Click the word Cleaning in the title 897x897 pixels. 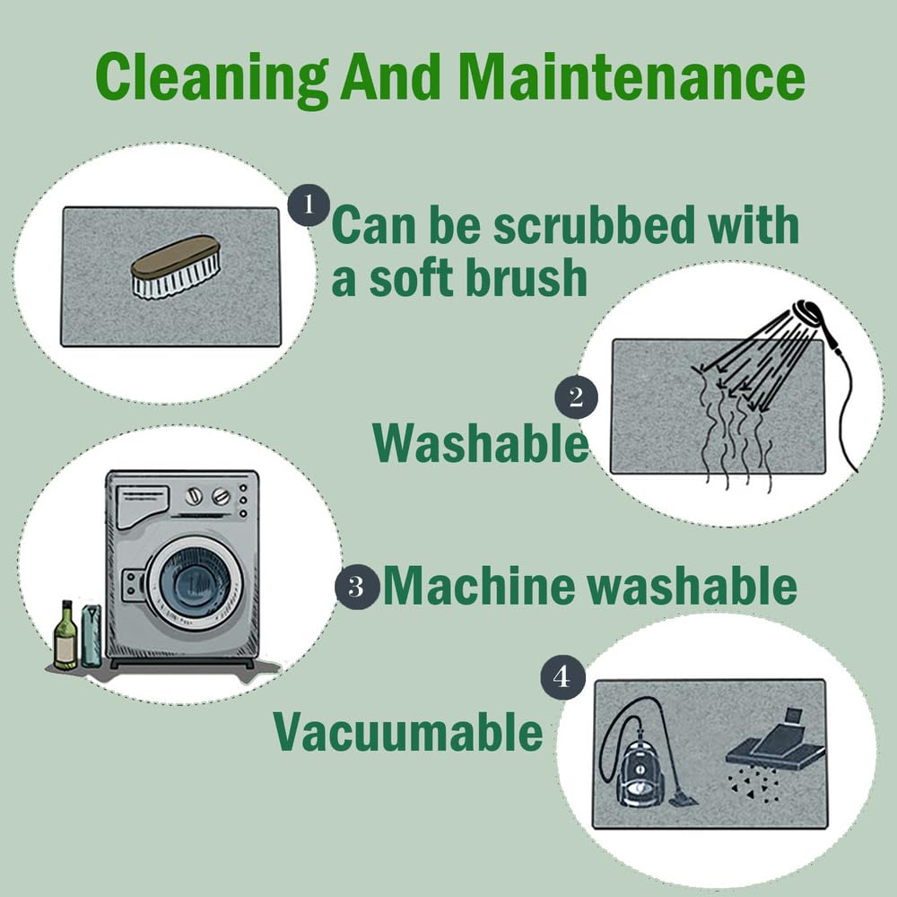(212, 78)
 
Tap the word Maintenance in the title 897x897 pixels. (631, 76)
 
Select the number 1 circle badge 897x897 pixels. (309, 205)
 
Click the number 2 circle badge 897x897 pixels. (576, 397)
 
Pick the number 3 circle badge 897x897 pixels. (357, 587)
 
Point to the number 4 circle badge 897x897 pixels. (563, 677)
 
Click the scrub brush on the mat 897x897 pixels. (176, 267)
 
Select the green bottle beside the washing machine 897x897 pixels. (65, 635)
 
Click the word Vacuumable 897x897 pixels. (408, 732)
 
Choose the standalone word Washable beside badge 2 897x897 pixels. (481, 443)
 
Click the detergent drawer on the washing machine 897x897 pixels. (142, 506)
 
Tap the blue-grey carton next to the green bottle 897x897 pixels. (91, 636)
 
